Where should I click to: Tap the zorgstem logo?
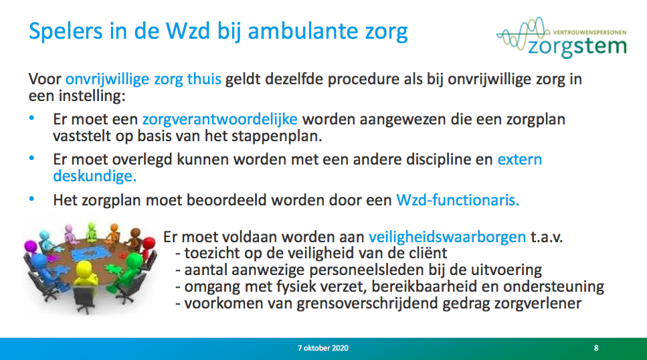click(561, 38)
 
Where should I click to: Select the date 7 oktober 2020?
click(322, 348)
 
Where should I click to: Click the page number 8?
click(596, 348)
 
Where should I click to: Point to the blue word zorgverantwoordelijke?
click(219, 119)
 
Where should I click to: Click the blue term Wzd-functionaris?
click(458, 200)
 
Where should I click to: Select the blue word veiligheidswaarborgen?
click(448, 238)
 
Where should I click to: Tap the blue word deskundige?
click(94, 176)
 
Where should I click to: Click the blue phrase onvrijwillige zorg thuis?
click(143, 79)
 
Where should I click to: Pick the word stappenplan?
click(276, 137)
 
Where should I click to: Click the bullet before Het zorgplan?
click(31, 199)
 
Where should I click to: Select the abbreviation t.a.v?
click(547, 238)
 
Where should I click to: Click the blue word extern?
click(519, 160)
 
